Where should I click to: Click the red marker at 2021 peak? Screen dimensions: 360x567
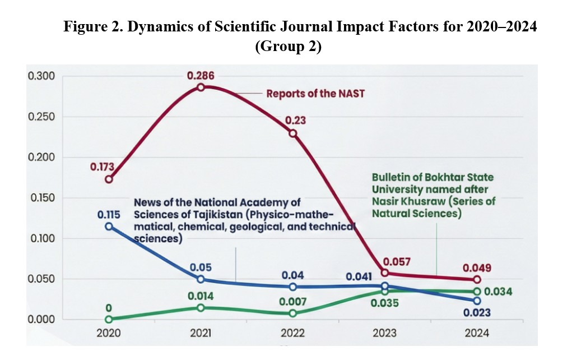point(201,87)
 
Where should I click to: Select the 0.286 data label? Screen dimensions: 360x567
point(201,75)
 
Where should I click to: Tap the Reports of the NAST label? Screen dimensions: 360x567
point(315,94)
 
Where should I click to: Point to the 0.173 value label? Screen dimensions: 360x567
point(101,167)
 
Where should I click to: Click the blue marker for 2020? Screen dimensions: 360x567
point(109,227)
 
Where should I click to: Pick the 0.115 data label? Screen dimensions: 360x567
point(109,214)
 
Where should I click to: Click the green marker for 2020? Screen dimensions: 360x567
point(109,319)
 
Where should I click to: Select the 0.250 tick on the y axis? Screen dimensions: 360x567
point(41,117)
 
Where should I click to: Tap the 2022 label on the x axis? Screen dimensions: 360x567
point(292,333)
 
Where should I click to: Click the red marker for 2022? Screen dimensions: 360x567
point(292,133)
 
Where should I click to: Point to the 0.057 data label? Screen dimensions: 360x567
point(396,261)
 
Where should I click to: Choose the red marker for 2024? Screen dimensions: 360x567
point(477,279)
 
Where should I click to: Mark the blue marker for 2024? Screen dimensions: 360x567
point(477,301)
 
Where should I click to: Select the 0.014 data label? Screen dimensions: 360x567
point(201,296)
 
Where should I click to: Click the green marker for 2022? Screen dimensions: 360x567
point(292,313)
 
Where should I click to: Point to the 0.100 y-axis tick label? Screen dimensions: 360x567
point(41,238)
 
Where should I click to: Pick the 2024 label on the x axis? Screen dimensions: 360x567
point(477,333)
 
